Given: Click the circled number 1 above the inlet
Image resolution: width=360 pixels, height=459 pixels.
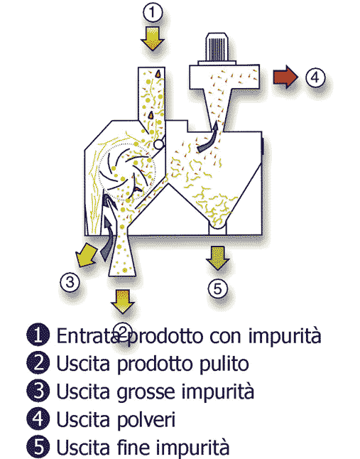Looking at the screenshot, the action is (153, 12).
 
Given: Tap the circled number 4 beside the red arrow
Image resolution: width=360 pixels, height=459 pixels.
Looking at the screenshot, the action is (315, 77).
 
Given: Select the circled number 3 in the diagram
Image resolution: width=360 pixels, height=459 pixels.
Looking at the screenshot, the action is (70, 283).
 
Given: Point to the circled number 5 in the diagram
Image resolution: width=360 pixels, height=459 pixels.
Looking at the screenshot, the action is (217, 289).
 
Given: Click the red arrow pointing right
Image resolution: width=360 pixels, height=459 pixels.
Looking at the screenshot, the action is (285, 77).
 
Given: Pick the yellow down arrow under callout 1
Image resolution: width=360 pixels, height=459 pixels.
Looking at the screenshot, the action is (153, 38).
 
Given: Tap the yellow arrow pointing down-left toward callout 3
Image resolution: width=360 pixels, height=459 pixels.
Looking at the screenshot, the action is (85, 255).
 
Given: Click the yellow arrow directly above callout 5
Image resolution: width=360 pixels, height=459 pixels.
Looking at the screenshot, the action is (218, 258).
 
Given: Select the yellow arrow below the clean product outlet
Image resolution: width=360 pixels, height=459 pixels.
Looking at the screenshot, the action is (123, 301).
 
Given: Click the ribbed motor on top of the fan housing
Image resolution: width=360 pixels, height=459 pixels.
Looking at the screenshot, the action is (217, 48).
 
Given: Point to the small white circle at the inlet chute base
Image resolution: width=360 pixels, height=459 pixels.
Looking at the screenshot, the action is (158, 144).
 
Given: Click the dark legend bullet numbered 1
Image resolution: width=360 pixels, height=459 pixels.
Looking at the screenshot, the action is (38, 335).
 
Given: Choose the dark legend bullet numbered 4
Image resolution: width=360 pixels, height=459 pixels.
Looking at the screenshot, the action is (38, 418).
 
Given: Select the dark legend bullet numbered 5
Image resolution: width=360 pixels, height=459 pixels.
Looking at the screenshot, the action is (38, 447).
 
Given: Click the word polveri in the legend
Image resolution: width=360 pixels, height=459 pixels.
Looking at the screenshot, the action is (146, 421).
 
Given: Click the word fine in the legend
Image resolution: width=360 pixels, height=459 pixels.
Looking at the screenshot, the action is (133, 447).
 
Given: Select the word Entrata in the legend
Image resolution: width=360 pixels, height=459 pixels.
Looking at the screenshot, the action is (88, 335).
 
